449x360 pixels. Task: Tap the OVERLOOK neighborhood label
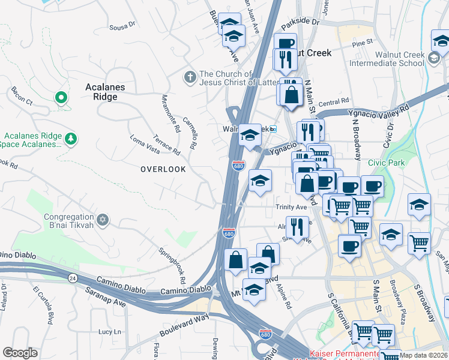(163, 169)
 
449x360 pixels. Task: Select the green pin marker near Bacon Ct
(60, 97)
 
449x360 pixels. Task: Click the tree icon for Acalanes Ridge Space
(71, 139)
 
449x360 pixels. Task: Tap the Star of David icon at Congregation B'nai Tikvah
(103, 219)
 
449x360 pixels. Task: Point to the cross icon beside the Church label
(190, 76)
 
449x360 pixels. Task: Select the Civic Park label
(387, 162)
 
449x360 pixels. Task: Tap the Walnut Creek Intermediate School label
(399, 59)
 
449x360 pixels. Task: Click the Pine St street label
(363, 43)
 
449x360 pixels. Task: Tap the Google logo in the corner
(20, 352)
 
